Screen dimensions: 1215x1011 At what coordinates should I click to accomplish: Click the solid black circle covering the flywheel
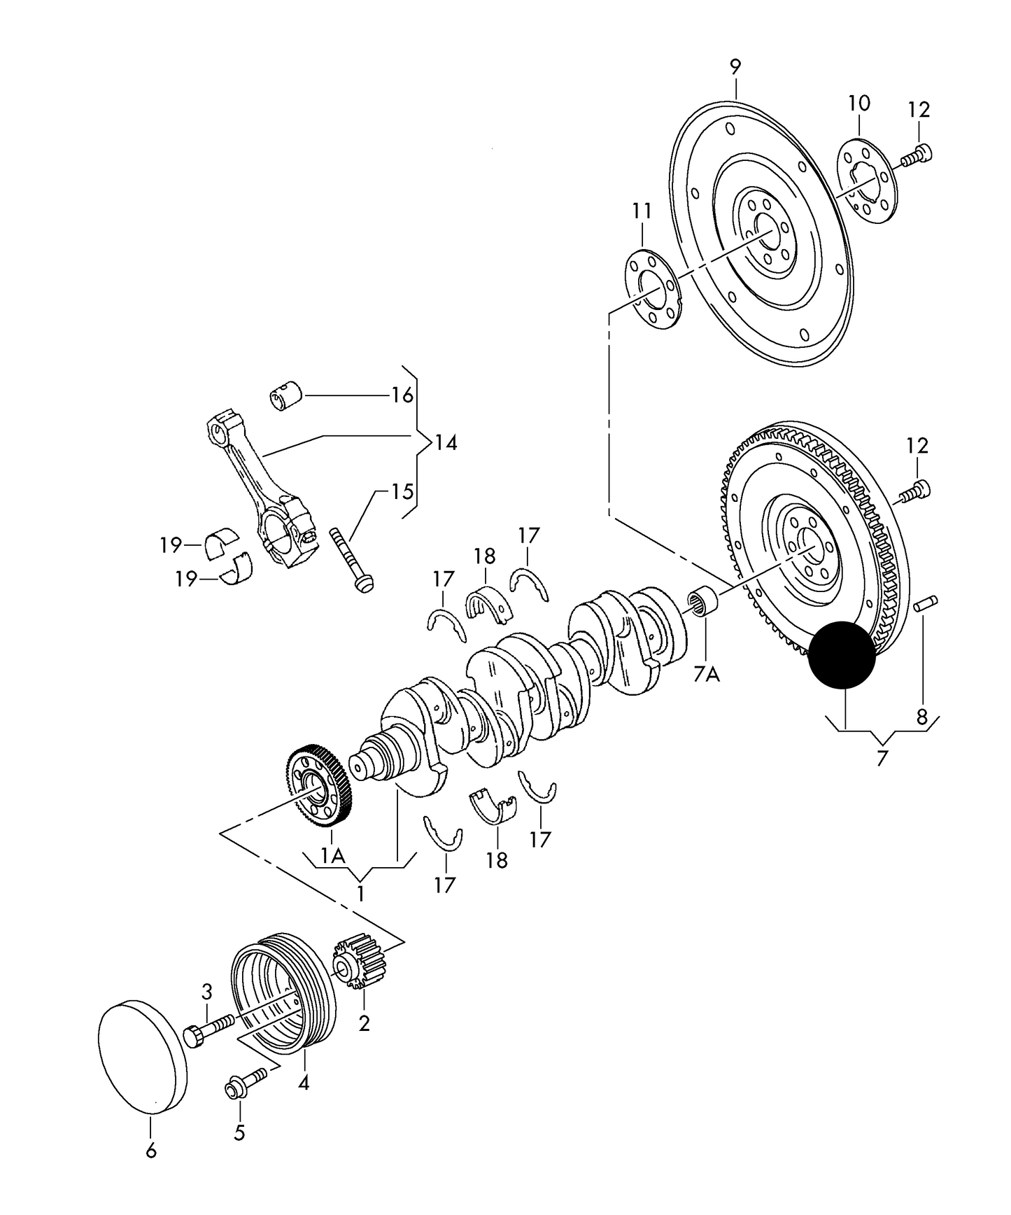click(842, 656)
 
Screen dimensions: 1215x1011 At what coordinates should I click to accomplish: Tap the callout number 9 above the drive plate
click(735, 67)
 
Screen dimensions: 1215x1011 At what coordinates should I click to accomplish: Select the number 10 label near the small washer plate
click(859, 104)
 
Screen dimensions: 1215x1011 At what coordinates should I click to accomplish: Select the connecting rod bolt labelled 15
click(350, 561)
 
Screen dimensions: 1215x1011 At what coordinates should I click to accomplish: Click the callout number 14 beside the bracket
click(445, 443)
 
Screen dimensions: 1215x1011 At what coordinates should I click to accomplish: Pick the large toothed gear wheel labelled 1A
click(320, 787)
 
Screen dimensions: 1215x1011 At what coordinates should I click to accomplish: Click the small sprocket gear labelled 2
click(360, 965)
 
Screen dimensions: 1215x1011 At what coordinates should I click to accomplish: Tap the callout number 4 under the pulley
click(304, 1083)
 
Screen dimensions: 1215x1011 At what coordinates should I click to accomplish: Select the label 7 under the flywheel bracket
click(882, 758)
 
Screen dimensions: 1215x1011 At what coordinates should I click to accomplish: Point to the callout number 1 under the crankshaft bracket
click(361, 894)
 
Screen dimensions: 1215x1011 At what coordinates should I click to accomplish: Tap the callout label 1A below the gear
click(333, 856)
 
